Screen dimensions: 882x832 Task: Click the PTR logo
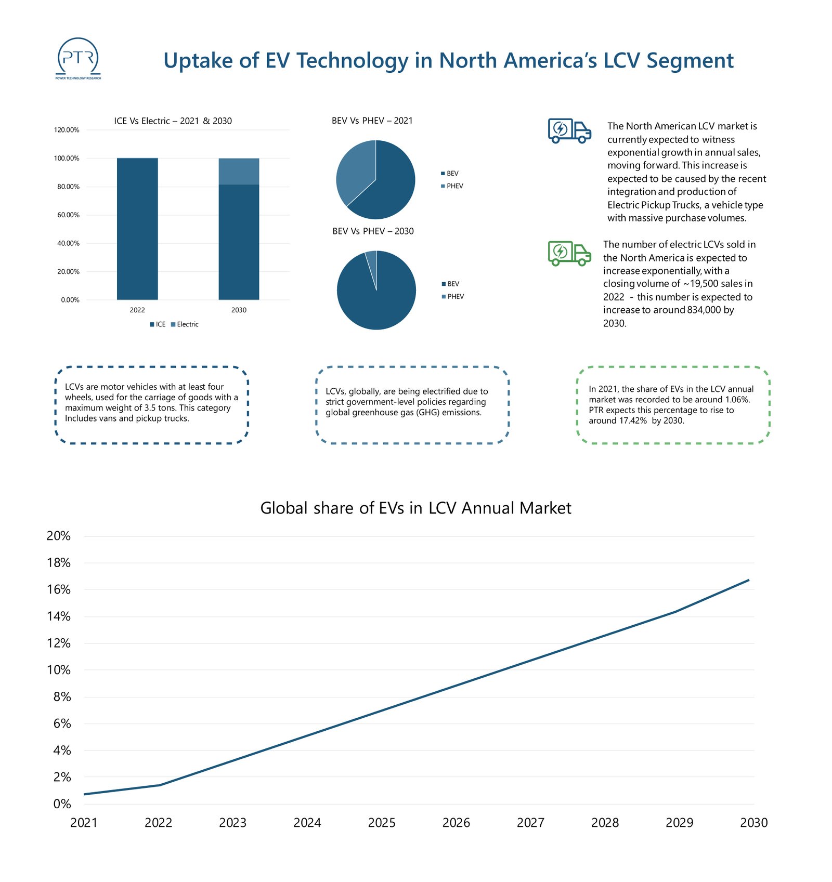(x=78, y=58)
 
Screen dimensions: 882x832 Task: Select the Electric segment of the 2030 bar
(x=239, y=172)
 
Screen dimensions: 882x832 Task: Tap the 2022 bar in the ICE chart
(x=137, y=229)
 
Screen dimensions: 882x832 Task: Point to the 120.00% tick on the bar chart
(x=67, y=130)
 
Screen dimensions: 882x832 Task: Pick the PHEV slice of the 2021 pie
(x=354, y=172)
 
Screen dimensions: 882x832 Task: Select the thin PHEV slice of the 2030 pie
(x=371, y=260)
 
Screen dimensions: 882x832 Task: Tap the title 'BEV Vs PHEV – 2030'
(x=373, y=231)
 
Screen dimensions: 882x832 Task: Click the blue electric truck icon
(x=569, y=130)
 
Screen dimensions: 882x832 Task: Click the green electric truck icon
(x=569, y=253)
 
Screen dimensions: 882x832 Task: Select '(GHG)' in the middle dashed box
(x=428, y=413)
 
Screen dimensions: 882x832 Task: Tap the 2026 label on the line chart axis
(x=456, y=823)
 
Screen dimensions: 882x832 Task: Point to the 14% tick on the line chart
(x=59, y=616)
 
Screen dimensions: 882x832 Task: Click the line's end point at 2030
(x=748, y=580)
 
